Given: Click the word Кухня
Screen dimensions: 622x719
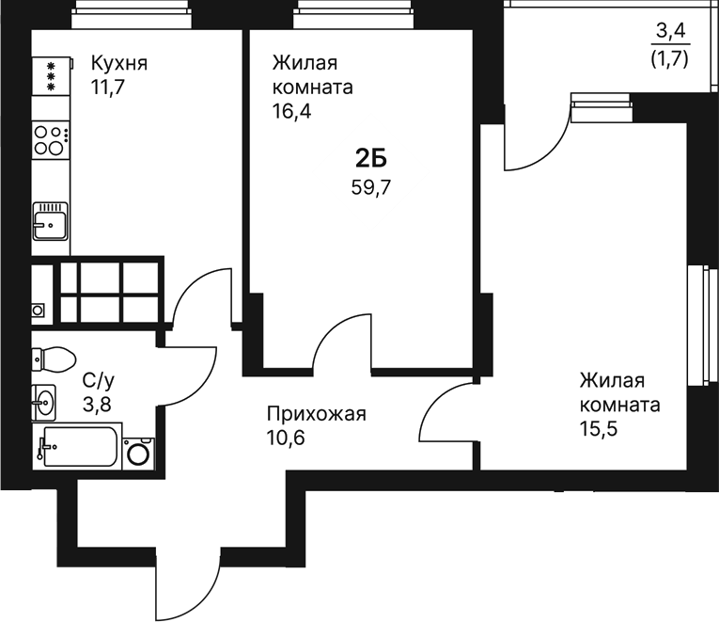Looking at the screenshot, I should pyautogui.click(x=119, y=64).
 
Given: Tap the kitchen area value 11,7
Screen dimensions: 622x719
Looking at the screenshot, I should pyautogui.click(x=109, y=88).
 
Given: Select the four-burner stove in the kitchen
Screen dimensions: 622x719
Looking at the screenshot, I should pyautogui.click(x=51, y=141).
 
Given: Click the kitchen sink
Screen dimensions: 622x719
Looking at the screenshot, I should pyautogui.click(x=50, y=222).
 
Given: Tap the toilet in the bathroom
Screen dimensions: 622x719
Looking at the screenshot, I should pyautogui.click(x=54, y=359).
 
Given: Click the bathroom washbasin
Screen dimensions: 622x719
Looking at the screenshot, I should pyautogui.click(x=43, y=402).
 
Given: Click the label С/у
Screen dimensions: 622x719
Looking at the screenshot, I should pyautogui.click(x=99, y=381).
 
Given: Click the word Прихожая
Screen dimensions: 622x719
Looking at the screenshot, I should pyautogui.click(x=315, y=414).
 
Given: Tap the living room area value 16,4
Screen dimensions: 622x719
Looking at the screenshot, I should pyautogui.click(x=291, y=110).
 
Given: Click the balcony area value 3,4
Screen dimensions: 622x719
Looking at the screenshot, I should pyautogui.click(x=671, y=34).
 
